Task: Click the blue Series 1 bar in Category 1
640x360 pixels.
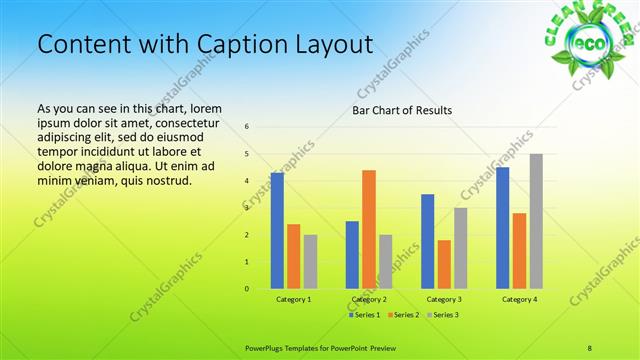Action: click(277, 231)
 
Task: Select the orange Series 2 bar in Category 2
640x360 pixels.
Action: click(369, 229)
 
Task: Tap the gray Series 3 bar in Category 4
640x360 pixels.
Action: click(536, 221)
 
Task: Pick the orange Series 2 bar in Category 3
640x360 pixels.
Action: click(444, 264)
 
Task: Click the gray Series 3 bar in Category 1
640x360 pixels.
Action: click(310, 262)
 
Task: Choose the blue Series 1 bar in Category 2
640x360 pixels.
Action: click(352, 255)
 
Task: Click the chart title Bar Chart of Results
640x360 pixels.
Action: click(402, 110)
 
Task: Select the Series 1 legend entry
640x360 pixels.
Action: click(363, 315)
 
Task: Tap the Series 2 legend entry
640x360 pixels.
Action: click(403, 315)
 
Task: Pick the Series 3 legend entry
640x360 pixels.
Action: click(442, 315)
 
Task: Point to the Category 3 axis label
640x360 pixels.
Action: click(444, 299)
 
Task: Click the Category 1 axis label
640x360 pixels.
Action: click(293, 299)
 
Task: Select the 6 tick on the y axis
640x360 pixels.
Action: click(247, 127)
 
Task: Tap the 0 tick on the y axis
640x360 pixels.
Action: click(247, 289)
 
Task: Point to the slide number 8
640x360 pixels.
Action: click(590, 347)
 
